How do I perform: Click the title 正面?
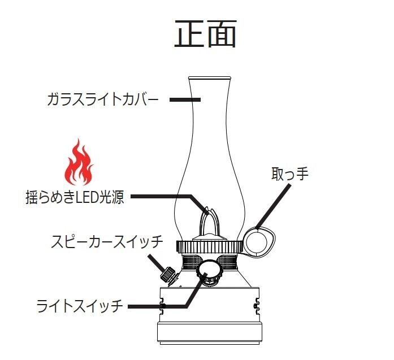(205, 34)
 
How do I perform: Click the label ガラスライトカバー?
(102, 100)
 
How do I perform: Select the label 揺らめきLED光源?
(75, 198)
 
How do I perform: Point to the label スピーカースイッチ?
(106, 242)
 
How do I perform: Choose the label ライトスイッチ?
(80, 307)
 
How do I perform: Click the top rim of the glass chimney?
(209, 77)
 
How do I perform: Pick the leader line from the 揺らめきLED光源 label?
(164, 197)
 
